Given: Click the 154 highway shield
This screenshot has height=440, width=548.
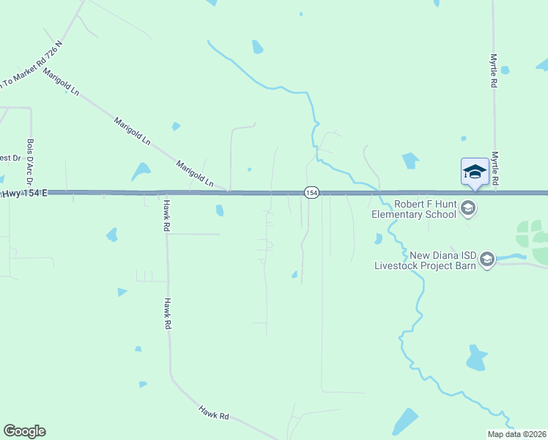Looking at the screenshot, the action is click(x=311, y=192).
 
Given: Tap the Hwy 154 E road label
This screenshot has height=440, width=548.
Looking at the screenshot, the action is click(x=25, y=193).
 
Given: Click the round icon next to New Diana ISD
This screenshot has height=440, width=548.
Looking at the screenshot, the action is click(x=487, y=259).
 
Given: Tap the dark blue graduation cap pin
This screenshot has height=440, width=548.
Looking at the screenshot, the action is click(x=474, y=172).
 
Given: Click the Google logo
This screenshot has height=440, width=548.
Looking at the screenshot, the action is click(x=24, y=431).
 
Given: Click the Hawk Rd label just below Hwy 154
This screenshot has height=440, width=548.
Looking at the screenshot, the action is click(x=167, y=217).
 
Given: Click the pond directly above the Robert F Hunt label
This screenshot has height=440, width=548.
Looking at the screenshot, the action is click(x=410, y=161).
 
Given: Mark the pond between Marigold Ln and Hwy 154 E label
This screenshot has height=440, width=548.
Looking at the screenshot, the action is click(x=140, y=172).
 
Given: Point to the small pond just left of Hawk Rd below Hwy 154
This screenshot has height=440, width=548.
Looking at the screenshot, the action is click(x=112, y=235).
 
